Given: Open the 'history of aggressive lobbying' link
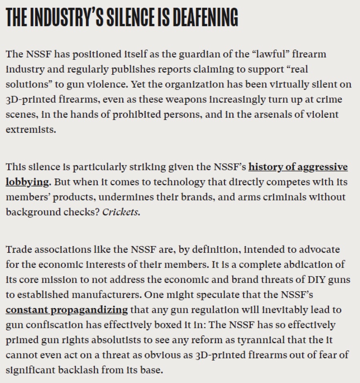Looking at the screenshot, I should click(298, 167).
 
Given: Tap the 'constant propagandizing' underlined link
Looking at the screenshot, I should click(67, 309).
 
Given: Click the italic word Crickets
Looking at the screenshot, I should click(121, 212).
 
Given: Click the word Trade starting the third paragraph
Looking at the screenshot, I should click(18, 249).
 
